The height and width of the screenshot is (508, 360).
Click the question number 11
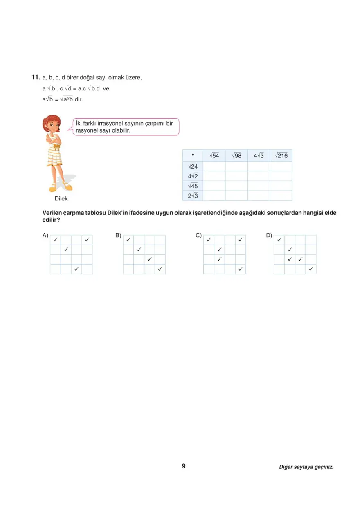click(x=35, y=77)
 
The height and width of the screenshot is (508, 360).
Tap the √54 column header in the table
click(x=214, y=156)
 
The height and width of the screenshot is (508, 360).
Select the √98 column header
click(x=236, y=156)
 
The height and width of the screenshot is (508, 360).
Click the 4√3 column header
click(x=259, y=156)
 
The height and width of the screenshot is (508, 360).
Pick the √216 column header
click(x=281, y=156)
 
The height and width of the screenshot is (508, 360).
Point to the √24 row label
click(x=193, y=166)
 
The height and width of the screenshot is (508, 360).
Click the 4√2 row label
click(x=193, y=176)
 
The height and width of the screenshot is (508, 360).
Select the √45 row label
click(x=193, y=186)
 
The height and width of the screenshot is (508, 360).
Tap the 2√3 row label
click(x=193, y=196)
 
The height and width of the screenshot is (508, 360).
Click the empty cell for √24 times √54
click(x=214, y=166)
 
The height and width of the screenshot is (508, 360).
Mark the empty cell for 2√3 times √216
click(x=281, y=196)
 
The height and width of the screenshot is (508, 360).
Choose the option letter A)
click(x=45, y=235)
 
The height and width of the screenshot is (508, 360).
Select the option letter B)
click(x=118, y=235)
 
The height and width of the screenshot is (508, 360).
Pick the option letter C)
click(x=199, y=235)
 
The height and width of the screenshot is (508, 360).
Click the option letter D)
click(x=269, y=235)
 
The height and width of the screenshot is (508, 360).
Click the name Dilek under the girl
click(x=61, y=199)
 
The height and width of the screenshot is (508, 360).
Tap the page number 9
click(x=184, y=466)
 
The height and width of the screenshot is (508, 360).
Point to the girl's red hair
click(x=53, y=121)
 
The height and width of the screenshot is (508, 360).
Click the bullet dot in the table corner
click(x=193, y=155)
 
